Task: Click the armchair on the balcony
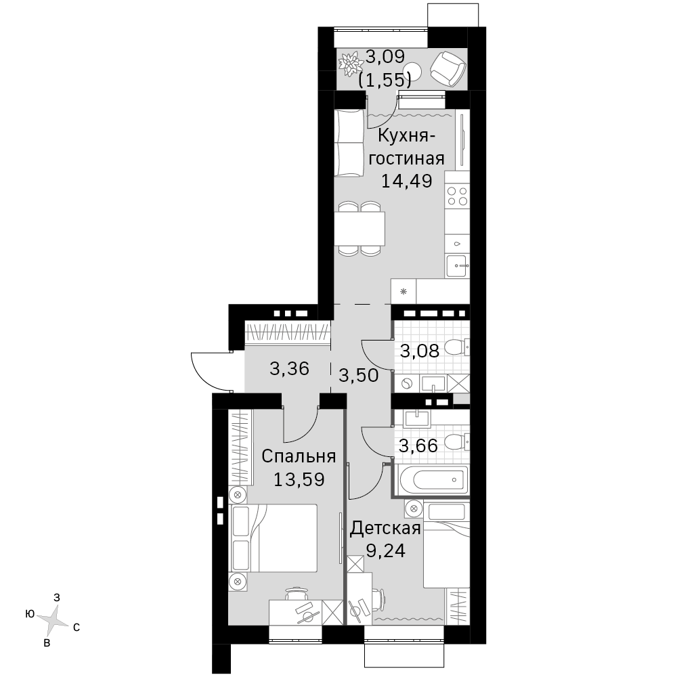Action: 447,68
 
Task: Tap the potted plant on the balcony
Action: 351,64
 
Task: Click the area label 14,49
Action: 406,181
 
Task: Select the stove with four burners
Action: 457,196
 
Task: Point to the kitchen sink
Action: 457,266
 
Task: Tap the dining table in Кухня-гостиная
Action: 359,229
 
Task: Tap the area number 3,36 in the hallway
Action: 289,368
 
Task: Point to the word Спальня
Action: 299,456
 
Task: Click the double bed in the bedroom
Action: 275,538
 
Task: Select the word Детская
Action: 385,527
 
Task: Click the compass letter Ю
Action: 30,613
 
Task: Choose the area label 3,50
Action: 358,375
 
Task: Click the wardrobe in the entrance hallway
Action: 288,332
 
